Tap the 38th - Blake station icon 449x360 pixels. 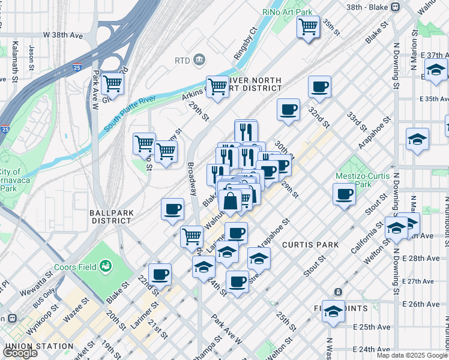[395, 7]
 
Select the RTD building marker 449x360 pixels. [199, 60]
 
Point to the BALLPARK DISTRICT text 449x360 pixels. [110, 217]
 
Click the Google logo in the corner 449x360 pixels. [20, 352]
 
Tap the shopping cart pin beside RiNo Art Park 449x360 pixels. [308, 26]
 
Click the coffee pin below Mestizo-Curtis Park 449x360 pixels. [344, 194]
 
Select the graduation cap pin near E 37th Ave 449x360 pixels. [436, 70]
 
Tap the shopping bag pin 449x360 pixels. [231, 202]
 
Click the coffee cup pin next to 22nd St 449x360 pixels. [160, 275]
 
